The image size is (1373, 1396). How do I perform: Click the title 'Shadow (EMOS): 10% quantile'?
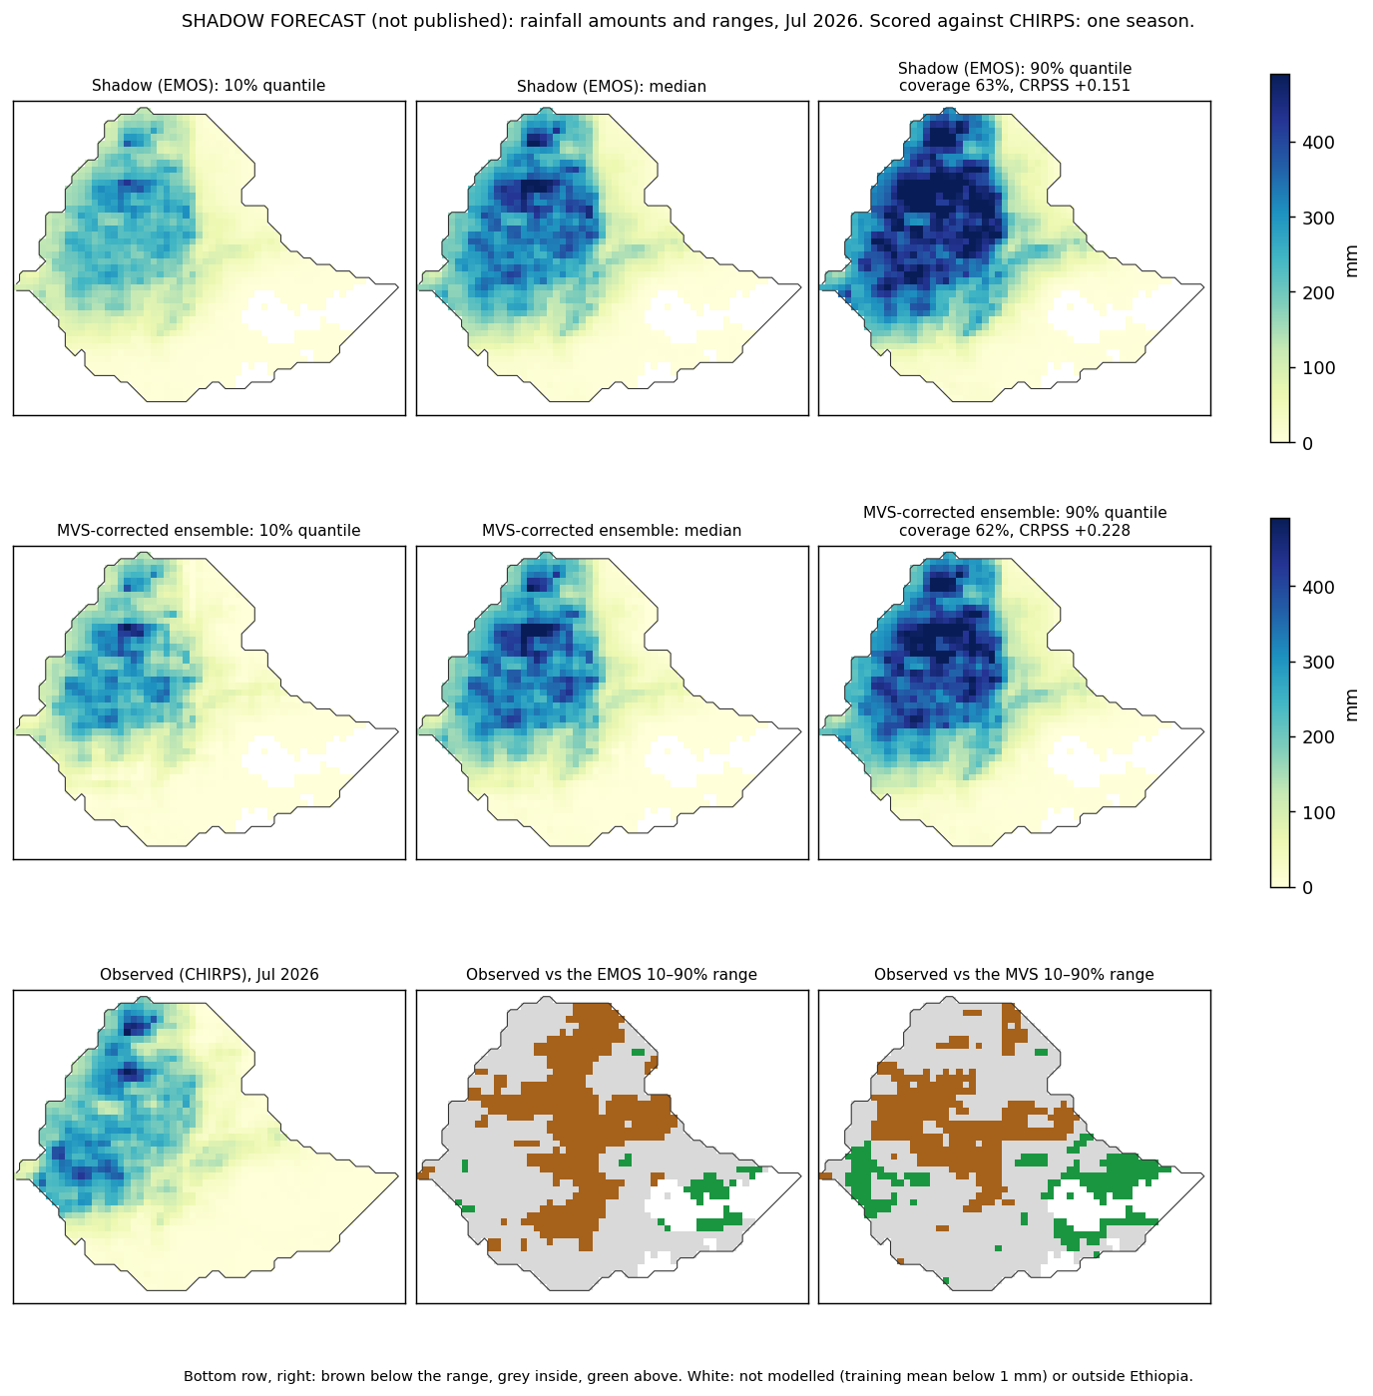tap(208, 86)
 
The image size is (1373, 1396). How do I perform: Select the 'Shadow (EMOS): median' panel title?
tap(611, 86)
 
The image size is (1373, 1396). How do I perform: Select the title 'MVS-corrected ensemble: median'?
tap(612, 530)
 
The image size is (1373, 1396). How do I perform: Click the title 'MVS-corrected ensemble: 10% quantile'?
tap(209, 530)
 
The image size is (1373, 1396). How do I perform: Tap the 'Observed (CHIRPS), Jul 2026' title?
tap(210, 974)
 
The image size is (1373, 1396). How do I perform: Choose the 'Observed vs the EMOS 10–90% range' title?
tap(612, 974)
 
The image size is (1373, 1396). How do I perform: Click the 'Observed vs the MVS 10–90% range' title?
tap(1014, 974)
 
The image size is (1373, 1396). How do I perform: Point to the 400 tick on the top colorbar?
tap(1316, 142)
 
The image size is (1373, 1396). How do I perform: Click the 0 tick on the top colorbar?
tap(1308, 443)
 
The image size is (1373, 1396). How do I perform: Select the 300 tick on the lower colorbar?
tap(1316, 663)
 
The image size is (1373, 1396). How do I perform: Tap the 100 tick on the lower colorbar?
tap(1316, 813)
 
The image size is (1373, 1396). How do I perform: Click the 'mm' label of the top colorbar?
tap(1351, 261)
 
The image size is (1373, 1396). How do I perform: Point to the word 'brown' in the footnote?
tap(340, 1376)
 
